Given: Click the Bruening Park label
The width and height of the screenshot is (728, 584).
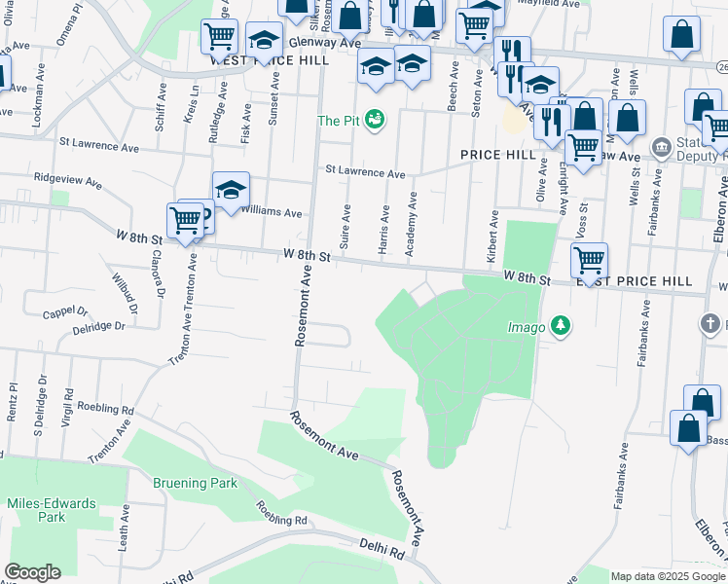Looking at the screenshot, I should (x=195, y=483).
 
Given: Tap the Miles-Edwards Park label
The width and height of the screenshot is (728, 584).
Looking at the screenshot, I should (x=52, y=510).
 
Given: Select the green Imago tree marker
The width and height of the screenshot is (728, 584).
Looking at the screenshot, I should (x=561, y=326).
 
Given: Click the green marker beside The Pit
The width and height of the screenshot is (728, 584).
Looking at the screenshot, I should (x=375, y=121).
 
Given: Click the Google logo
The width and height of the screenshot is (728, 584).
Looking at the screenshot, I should (x=32, y=572).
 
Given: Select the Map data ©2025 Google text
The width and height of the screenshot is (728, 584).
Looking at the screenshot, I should (x=668, y=576).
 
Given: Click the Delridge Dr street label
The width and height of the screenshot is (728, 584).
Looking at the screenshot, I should (x=98, y=326).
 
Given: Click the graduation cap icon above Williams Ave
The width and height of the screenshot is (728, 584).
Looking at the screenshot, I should (x=232, y=188).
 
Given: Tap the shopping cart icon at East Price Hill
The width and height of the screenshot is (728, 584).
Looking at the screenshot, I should (x=589, y=259).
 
